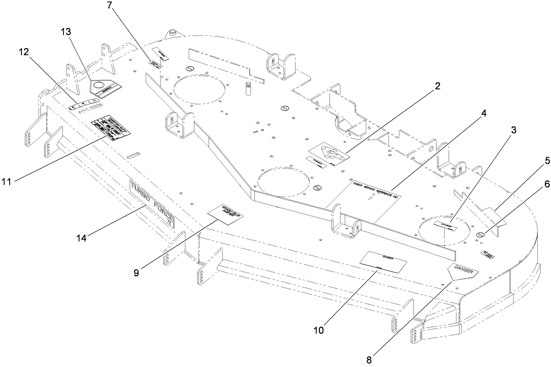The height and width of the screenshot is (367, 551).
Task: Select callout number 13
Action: click(x=67, y=32)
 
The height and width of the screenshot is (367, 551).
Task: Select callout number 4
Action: click(x=484, y=113)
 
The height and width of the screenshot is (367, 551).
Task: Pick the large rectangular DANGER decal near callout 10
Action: click(x=384, y=262)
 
